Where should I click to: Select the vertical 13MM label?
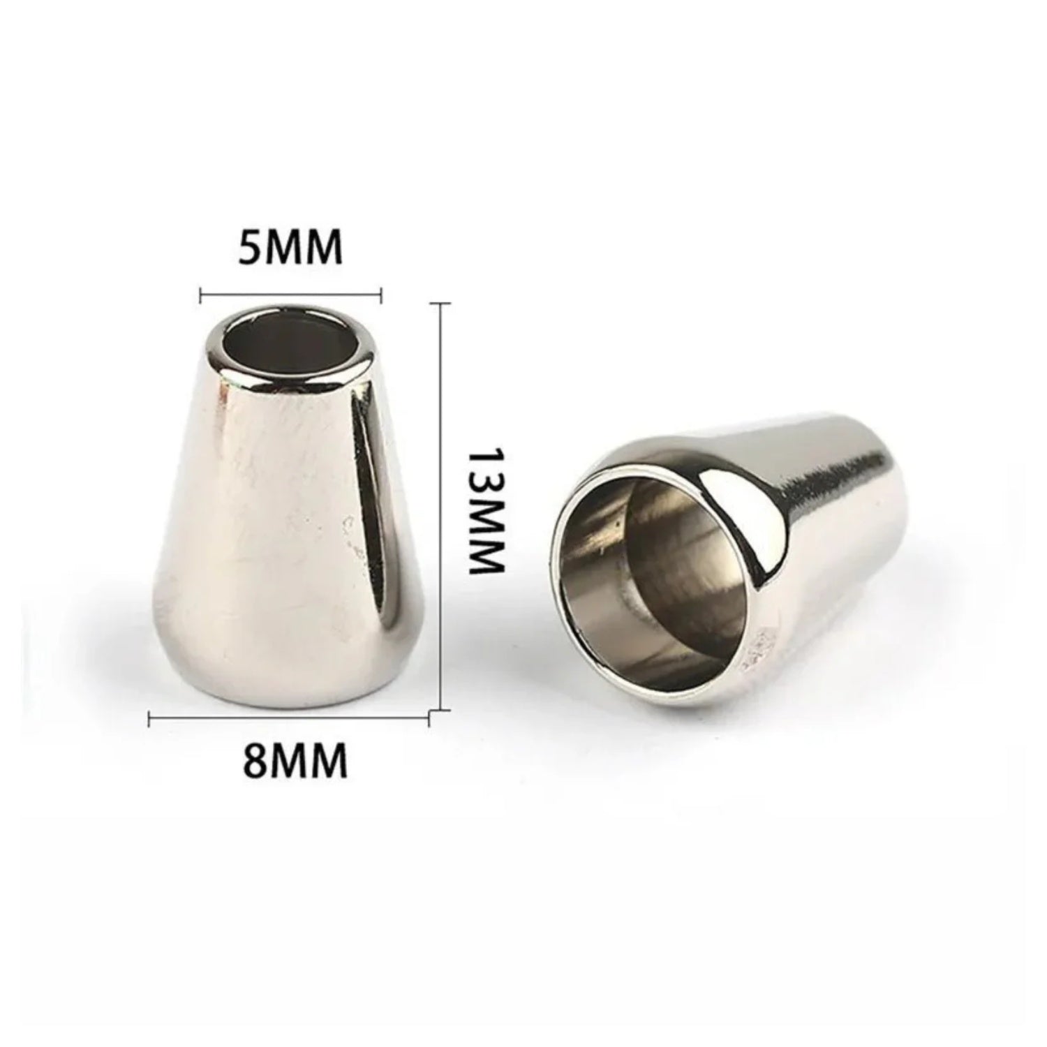(x=484, y=510)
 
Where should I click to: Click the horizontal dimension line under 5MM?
(x=290, y=295)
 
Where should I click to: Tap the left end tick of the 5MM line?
(x=201, y=295)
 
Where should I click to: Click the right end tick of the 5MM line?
(x=381, y=295)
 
